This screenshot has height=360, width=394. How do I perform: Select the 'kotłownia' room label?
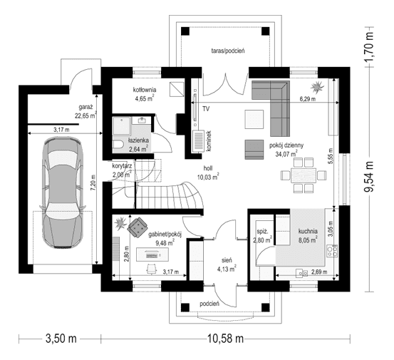(x=146, y=90)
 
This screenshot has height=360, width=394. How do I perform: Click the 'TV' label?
(x=205, y=109)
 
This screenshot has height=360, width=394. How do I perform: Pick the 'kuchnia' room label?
(x=308, y=231)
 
